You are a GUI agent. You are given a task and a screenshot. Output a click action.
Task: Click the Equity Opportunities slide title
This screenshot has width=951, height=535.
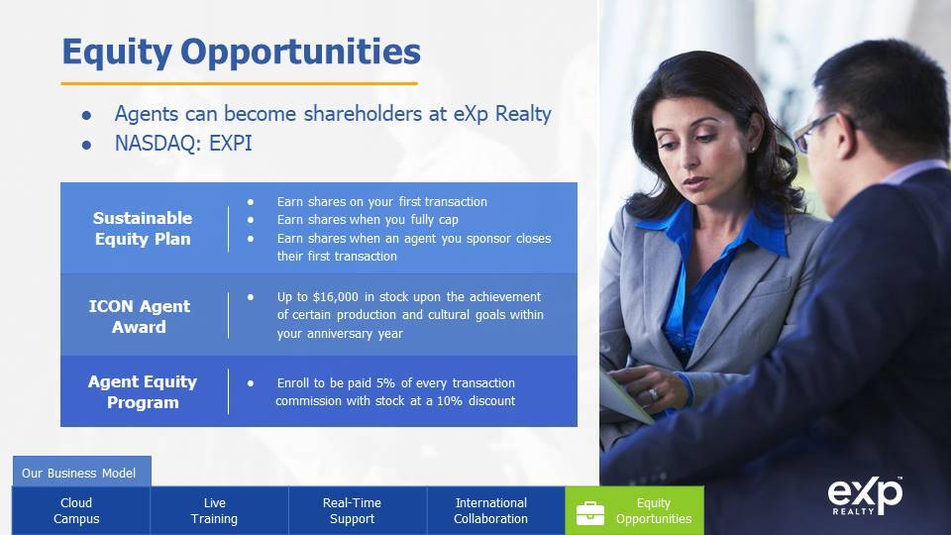242,53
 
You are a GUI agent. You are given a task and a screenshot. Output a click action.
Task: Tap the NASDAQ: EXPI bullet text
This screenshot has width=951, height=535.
183,143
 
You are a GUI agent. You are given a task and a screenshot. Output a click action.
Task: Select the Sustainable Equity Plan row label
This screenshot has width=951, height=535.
143,228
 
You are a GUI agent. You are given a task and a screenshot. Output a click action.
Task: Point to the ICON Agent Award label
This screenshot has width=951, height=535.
140,316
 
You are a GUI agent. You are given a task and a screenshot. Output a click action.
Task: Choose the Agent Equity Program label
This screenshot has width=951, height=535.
143,392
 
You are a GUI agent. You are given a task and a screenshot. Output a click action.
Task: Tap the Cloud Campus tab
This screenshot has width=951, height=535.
76,510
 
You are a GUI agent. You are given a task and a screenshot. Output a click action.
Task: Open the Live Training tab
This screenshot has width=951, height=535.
214,510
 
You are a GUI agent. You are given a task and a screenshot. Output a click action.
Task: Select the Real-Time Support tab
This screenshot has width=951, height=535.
352,510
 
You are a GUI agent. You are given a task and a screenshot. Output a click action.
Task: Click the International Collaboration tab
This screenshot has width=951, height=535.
490,510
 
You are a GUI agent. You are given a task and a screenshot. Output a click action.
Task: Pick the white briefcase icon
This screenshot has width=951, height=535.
590,513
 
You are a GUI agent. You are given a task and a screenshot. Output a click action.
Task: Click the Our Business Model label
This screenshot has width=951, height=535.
79,474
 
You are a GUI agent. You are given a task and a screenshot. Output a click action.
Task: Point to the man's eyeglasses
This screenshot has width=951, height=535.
819,131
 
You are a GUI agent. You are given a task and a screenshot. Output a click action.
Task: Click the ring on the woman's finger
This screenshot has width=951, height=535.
653,394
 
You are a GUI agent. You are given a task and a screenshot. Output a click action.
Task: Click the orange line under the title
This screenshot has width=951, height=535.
239,83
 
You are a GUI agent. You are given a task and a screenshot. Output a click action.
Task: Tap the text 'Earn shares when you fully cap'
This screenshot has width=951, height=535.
368,220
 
